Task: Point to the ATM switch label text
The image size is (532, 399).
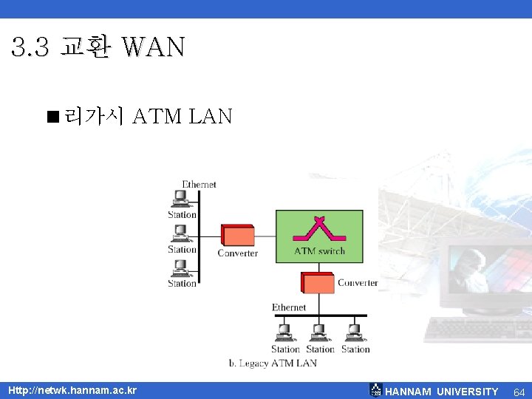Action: point(319,250)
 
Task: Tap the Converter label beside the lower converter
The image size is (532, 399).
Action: point(358,283)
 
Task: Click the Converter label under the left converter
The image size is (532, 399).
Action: point(237,253)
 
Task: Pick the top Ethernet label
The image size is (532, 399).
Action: point(199,184)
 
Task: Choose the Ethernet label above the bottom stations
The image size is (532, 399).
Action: point(289,307)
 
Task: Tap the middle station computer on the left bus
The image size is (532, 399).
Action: point(180,233)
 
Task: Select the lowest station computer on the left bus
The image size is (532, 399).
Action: point(180,267)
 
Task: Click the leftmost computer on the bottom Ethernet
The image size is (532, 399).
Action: point(283,331)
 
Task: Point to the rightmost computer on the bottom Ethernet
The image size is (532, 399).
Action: point(354,331)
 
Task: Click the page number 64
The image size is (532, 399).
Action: point(519,391)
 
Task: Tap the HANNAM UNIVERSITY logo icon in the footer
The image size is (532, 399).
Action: point(376,390)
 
